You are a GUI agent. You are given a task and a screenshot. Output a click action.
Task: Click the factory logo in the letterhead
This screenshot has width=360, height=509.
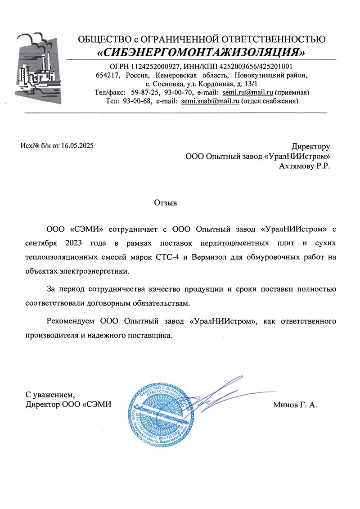pos(41,67)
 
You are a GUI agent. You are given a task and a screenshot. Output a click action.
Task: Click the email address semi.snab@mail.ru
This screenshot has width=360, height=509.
pos(210,101)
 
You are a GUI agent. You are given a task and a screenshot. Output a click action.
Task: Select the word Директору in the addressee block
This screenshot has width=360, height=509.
pos(310,147)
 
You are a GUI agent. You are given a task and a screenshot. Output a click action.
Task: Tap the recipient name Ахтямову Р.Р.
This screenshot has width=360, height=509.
pos(305,167)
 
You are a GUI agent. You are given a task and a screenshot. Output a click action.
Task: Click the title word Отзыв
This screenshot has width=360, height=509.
pos(166,203)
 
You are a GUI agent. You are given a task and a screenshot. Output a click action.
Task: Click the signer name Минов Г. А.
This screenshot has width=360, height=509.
pos(295,405)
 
